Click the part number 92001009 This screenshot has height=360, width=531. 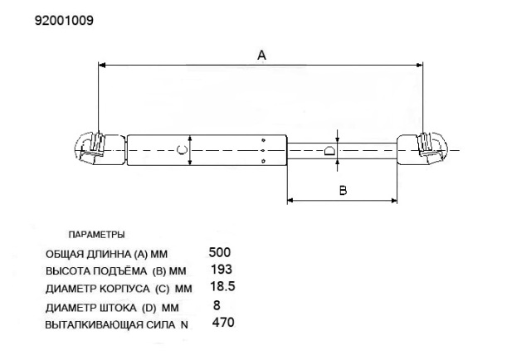click(x=64, y=21)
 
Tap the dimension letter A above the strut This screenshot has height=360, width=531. click(x=261, y=55)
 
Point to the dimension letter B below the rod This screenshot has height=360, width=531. click(x=343, y=190)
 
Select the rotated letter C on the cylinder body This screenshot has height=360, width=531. click(x=183, y=149)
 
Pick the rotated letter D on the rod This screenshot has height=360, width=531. click(x=329, y=150)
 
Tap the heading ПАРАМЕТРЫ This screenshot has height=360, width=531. click(x=96, y=235)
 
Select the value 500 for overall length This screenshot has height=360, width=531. click(x=220, y=252)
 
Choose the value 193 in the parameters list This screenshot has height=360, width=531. click(x=222, y=270)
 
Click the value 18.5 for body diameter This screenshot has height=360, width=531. click(x=222, y=286)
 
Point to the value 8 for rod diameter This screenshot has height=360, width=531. click(x=217, y=305)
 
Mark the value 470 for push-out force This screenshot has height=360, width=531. click(x=223, y=322)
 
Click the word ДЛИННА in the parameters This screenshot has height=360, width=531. click(x=109, y=254)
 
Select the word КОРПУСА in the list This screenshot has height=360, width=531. click(x=124, y=289)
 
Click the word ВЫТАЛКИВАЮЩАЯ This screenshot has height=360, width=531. click(x=94, y=325)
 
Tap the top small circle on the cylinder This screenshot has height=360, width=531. click(x=264, y=140)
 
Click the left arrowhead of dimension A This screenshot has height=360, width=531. click(x=101, y=65)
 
